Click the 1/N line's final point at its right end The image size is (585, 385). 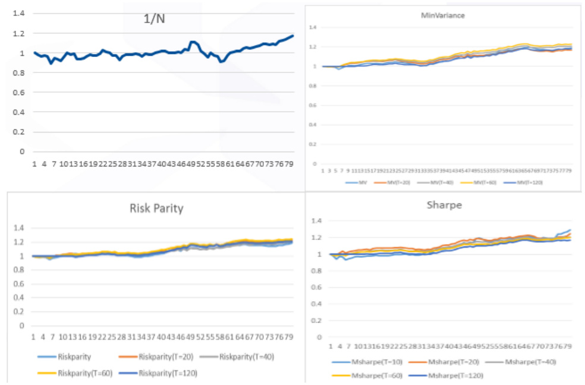pos(293,36)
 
